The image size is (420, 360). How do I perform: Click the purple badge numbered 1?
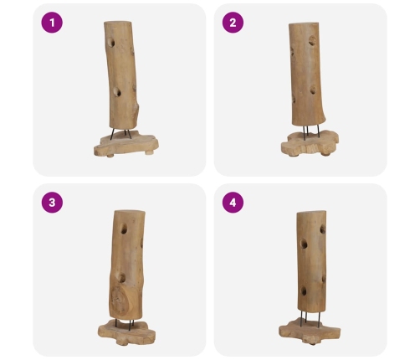(x=52, y=23)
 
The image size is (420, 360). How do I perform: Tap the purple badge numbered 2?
(x=233, y=23)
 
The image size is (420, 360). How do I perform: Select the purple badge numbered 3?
(x=52, y=203)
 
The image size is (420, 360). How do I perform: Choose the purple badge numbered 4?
(x=233, y=203)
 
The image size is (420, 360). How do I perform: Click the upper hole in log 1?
(x=111, y=43)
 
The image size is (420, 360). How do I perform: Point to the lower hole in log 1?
(x=117, y=92)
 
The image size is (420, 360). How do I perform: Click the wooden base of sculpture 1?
(x=126, y=145)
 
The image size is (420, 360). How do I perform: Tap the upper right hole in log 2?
(x=313, y=40)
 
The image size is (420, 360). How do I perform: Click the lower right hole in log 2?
(x=313, y=90)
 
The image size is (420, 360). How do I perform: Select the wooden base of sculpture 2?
(x=310, y=144)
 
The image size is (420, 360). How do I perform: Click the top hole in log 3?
(x=124, y=229)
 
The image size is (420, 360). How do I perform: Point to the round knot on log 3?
(x=120, y=300)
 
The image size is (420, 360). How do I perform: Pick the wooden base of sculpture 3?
(x=126, y=332)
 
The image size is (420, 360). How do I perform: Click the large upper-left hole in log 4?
(x=304, y=244)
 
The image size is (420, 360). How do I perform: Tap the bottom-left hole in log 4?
(x=304, y=291)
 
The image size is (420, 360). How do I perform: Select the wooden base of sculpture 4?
(x=310, y=331)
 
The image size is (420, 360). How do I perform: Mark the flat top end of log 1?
(x=118, y=23)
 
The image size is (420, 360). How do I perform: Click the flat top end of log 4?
(x=311, y=213)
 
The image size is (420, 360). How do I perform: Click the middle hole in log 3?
(x=121, y=278)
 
